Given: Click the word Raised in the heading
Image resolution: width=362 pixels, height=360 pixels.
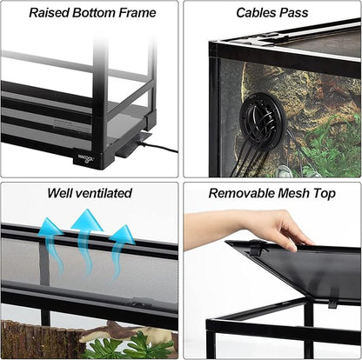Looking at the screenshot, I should pos(50,13).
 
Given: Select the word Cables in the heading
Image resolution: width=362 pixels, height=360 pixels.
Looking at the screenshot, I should pos(257,13).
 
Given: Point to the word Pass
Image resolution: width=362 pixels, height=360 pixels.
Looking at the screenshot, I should pos(294,13).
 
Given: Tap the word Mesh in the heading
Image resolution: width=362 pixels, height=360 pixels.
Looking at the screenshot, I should pos(289,193).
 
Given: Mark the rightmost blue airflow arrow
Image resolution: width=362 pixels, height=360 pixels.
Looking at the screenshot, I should pos(122,243).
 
